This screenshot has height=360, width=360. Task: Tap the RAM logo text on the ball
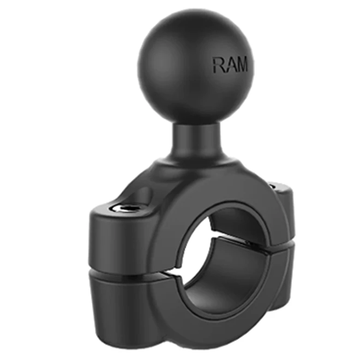(x=230, y=65)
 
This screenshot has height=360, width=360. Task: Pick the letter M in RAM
(x=241, y=65)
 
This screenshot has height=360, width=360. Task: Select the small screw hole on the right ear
(x=273, y=186)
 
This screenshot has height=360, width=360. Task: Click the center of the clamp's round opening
(x=222, y=258)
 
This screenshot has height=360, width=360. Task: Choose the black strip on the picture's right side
(x=335, y=180)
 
